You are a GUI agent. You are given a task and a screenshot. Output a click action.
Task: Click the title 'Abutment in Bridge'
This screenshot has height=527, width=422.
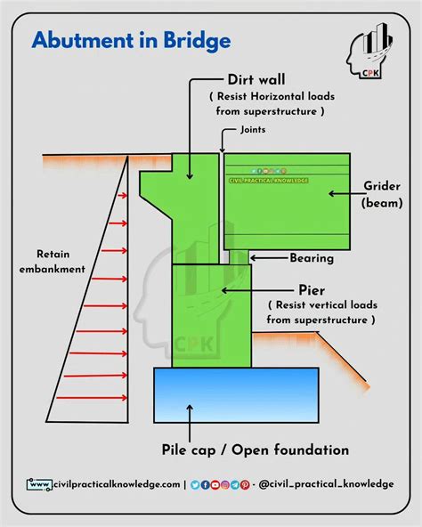(x=132, y=40)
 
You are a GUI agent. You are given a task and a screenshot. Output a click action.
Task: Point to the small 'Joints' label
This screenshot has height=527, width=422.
(x=253, y=129)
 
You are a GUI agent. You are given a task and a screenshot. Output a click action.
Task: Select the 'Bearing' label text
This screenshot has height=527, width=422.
(x=311, y=259)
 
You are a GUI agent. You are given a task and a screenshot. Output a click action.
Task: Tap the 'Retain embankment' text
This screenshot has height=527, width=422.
(x=61, y=258)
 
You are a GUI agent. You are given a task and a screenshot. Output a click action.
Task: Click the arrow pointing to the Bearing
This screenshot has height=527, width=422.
(x=266, y=258)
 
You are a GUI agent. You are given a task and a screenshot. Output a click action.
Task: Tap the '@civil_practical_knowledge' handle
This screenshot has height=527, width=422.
(x=326, y=483)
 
